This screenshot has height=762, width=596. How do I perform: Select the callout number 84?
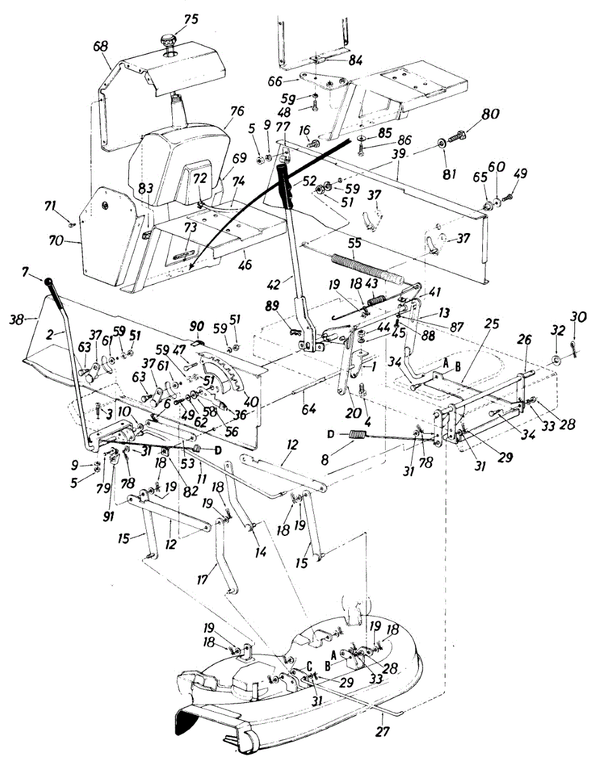[355, 61]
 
